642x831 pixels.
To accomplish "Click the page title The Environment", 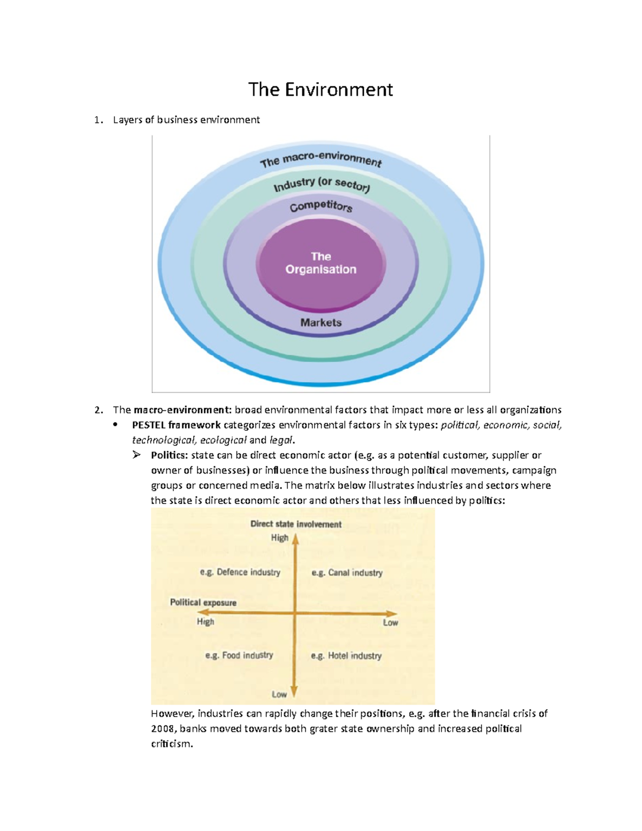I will [x=320, y=89].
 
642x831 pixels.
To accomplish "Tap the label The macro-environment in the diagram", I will [x=320, y=159].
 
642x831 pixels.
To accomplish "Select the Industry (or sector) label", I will [x=322, y=184].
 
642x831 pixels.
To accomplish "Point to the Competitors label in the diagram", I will [x=321, y=207].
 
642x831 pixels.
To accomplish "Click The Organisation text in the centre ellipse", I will [x=320, y=263].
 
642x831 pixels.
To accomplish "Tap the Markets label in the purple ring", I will [x=321, y=323].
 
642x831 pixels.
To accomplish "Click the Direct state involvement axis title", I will [x=295, y=524].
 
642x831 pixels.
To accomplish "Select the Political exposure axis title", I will [x=203, y=603].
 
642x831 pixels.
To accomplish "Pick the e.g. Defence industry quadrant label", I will [x=240, y=573].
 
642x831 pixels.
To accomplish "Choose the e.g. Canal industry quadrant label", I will [x=347, y=573].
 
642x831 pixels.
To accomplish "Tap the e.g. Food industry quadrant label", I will [x=239, y=655].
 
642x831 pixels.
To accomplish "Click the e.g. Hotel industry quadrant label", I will [x=347, y=656].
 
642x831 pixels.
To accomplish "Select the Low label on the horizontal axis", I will [x=391, y=623].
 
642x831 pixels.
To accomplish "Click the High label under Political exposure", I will [x=205, y=622].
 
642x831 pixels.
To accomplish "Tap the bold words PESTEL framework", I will [x=176, y=425].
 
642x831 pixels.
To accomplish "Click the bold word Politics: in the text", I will [x=169, y=455].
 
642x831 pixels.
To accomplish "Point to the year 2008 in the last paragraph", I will [x=163, y=729].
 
